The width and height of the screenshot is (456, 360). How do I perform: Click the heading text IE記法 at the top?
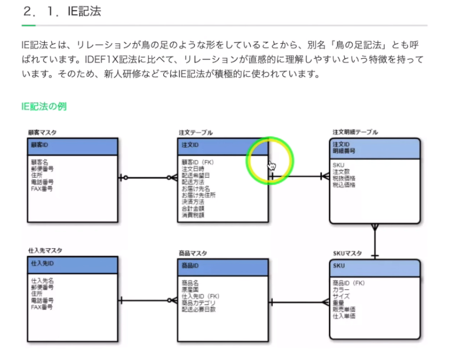(x=84, y=11)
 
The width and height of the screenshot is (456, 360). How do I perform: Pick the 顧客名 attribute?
(x=39, y=161)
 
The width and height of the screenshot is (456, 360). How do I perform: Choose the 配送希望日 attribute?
(x=195, y=175)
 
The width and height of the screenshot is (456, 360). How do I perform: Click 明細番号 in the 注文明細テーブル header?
(x=344, y=152)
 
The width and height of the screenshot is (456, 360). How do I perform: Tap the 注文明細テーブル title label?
(x=355, y=132)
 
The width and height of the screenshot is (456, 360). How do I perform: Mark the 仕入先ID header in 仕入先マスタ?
(x=42, y=263)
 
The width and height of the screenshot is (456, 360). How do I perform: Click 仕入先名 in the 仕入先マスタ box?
(x=42, y=281)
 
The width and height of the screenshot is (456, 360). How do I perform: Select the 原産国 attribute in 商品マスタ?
(x=190, y=289)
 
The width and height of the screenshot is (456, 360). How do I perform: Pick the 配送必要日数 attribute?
(x=198, y=310)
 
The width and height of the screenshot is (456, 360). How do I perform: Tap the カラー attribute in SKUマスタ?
(x=341, y=290)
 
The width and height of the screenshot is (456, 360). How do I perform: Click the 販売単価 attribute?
(x=344, y=309)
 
